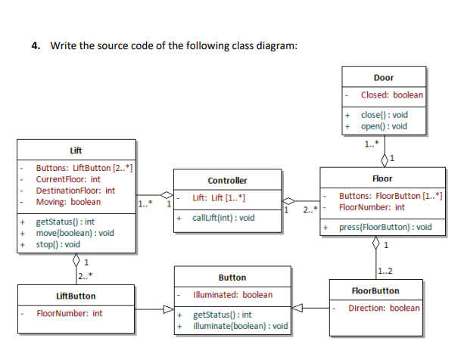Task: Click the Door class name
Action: (383, 77)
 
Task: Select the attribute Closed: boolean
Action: (391, 95)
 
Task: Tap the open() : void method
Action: (384, 126)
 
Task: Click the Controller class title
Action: (227, 181)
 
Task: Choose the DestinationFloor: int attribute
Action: (76, 191)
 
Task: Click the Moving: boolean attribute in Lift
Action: (68, 202)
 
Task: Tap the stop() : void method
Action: (58, 244)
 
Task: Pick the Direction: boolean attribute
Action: (383, 309)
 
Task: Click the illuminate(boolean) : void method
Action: (241, 326)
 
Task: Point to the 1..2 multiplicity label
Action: (385, 272)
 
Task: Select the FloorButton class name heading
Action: (376, 290)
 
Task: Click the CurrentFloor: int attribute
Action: (68, 179)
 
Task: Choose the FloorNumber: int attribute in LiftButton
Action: (70, 313)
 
